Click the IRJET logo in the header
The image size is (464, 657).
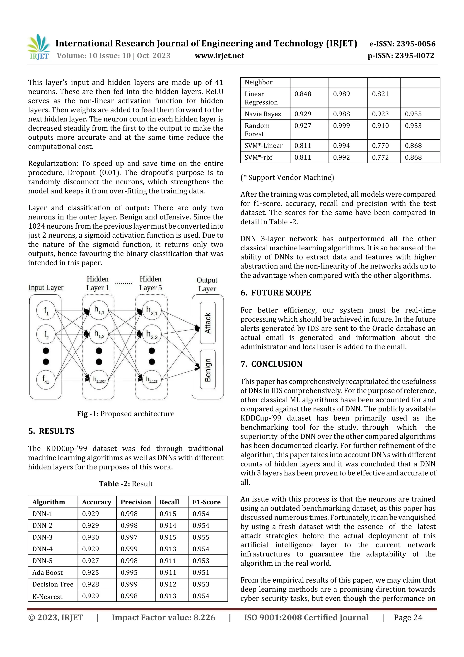[x=39, y=47]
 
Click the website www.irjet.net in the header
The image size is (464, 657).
[x=219, y=56]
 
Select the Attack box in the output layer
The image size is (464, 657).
[x=208, y=323]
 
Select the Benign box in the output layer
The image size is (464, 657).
[x=208, y=370]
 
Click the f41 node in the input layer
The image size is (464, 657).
[x=46, y=380]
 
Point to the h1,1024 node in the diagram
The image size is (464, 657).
[x=99, y=380]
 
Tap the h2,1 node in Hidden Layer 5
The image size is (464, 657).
[x=152, y=310]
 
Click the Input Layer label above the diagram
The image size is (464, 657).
[x=46, y=288]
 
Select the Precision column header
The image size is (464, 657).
[x=135, y=502]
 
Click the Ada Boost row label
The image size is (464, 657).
[x=47, y=572]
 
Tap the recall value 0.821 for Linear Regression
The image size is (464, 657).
[x=380, y=94]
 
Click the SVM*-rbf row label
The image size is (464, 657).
[x=259, y=157]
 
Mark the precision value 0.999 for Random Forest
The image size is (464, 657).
[x=341, y=126]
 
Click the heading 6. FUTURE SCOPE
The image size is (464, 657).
[x=275, y=293]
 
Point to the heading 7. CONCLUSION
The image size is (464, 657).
[x=271, y=364]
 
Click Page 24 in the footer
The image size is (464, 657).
[x=408, y=618]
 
